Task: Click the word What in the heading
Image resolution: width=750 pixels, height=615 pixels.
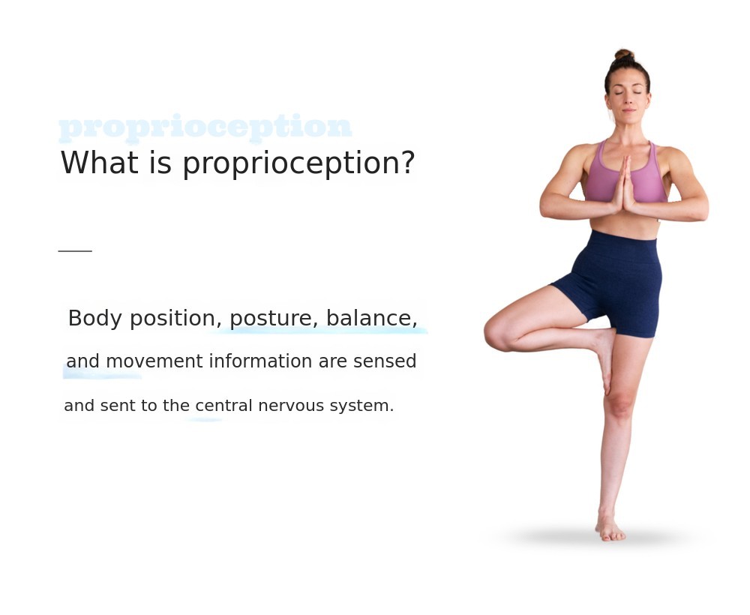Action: click(x=100, y=163)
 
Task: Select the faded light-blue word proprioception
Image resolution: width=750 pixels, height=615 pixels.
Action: click(x=205, y=127)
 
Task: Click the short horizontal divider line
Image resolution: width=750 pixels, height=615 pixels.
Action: click(x=75, y=250)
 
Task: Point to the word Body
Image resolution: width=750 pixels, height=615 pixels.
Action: click(x=94, y=319)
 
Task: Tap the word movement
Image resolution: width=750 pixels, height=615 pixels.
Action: click(x=154, y=361)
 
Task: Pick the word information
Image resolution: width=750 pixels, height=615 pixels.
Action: click(x=261, y=361)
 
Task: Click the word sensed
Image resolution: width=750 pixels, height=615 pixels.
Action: click(x=385, y=361)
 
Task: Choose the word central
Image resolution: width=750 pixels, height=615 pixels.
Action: click(x=223, y=406)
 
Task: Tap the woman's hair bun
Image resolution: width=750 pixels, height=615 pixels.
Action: click(x=624, y=55)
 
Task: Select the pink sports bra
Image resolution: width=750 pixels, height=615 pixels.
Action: click(x=625, y=173)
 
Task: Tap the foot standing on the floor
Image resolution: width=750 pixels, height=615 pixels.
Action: click(x=610, y=528)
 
